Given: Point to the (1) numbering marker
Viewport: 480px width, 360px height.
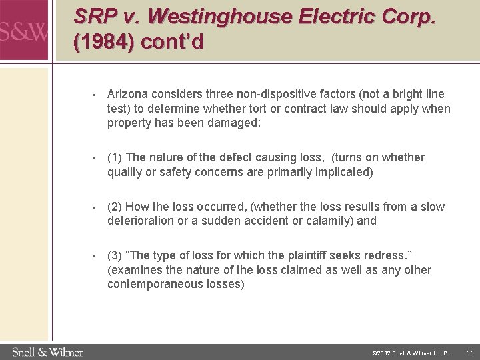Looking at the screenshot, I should click(114, 158).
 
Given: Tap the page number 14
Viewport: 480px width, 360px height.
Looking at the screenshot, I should click(469, 351).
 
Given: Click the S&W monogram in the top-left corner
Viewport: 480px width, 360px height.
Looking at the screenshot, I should click(23, 31).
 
